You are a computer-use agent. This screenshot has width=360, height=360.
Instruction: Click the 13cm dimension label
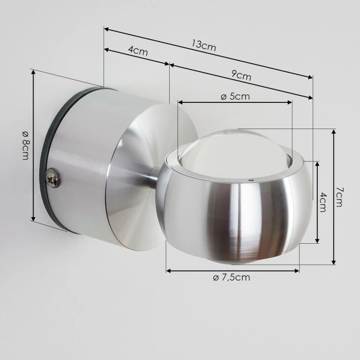pyautogui.click(x=204, y=45)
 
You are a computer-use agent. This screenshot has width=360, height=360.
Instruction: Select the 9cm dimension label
pyautogui.click(x=241, y=76)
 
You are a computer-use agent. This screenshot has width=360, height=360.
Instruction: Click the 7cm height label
pyautogui.click(x=339, y=196)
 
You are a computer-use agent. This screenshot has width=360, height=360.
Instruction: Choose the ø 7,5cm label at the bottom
pyautogui.click(x=231, y=278)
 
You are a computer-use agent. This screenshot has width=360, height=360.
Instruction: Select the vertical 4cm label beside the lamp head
pyautogui.click(x=323, y=202)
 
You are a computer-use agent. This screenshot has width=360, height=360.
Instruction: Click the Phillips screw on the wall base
pyautogui.click(x=52, y=178)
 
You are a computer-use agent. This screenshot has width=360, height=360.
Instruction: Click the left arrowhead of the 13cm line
pyautogui.click(x=106, y=29)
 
